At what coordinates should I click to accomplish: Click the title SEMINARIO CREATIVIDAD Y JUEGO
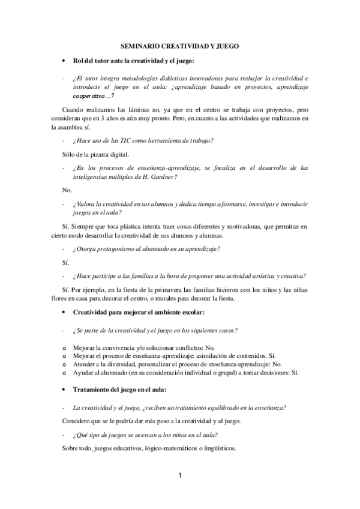[x=180, y=46]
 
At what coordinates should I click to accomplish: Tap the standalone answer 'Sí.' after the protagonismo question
[x=66, y=262]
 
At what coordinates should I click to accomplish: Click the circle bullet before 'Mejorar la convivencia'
[x=65, y=348]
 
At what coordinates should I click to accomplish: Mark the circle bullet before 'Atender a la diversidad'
[x=65, y=364]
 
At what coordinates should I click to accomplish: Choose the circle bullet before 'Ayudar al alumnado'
[x=65, y=372]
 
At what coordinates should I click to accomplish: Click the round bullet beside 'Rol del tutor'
[x=64, y=61]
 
